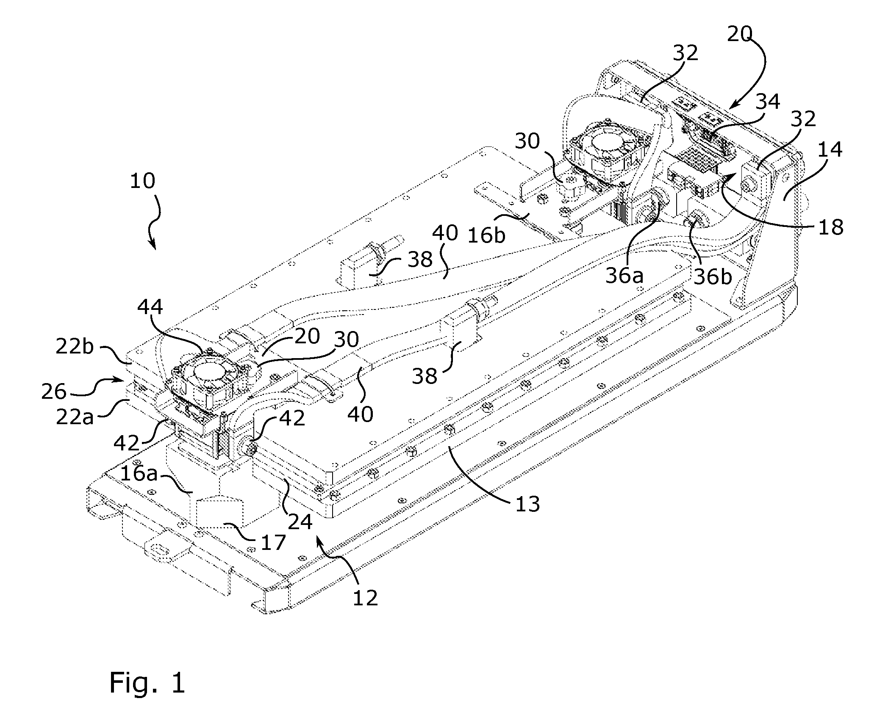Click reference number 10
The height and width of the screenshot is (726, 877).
click(x=142, y=181)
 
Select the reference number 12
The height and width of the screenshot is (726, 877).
click(x=365, y=598)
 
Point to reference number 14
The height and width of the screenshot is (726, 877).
click(x=830, y=150)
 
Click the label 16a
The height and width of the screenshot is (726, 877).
click(x=139, y=474)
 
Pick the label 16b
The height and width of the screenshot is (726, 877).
click(x=486, y=235)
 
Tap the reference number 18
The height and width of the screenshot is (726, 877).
click(x=831, y=227)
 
